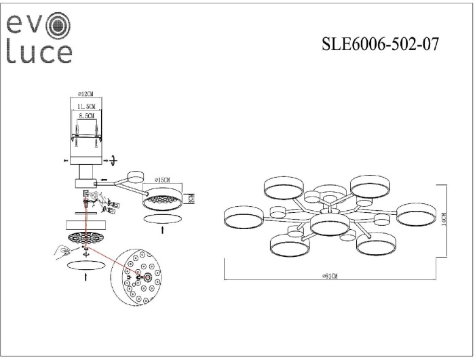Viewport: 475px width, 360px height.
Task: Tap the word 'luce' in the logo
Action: [39, 53]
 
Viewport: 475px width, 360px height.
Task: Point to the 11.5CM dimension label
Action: [86, 106]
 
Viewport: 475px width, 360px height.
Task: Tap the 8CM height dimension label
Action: [192, 198]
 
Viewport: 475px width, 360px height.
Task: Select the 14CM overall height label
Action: [442, 221]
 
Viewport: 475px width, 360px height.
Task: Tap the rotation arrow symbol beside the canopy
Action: [113, 160]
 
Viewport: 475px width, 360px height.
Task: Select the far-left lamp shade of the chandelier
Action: [243, 217]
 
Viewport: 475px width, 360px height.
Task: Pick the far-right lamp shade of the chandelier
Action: [415, 215]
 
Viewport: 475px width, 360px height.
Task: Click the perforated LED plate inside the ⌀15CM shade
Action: [163, 201]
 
